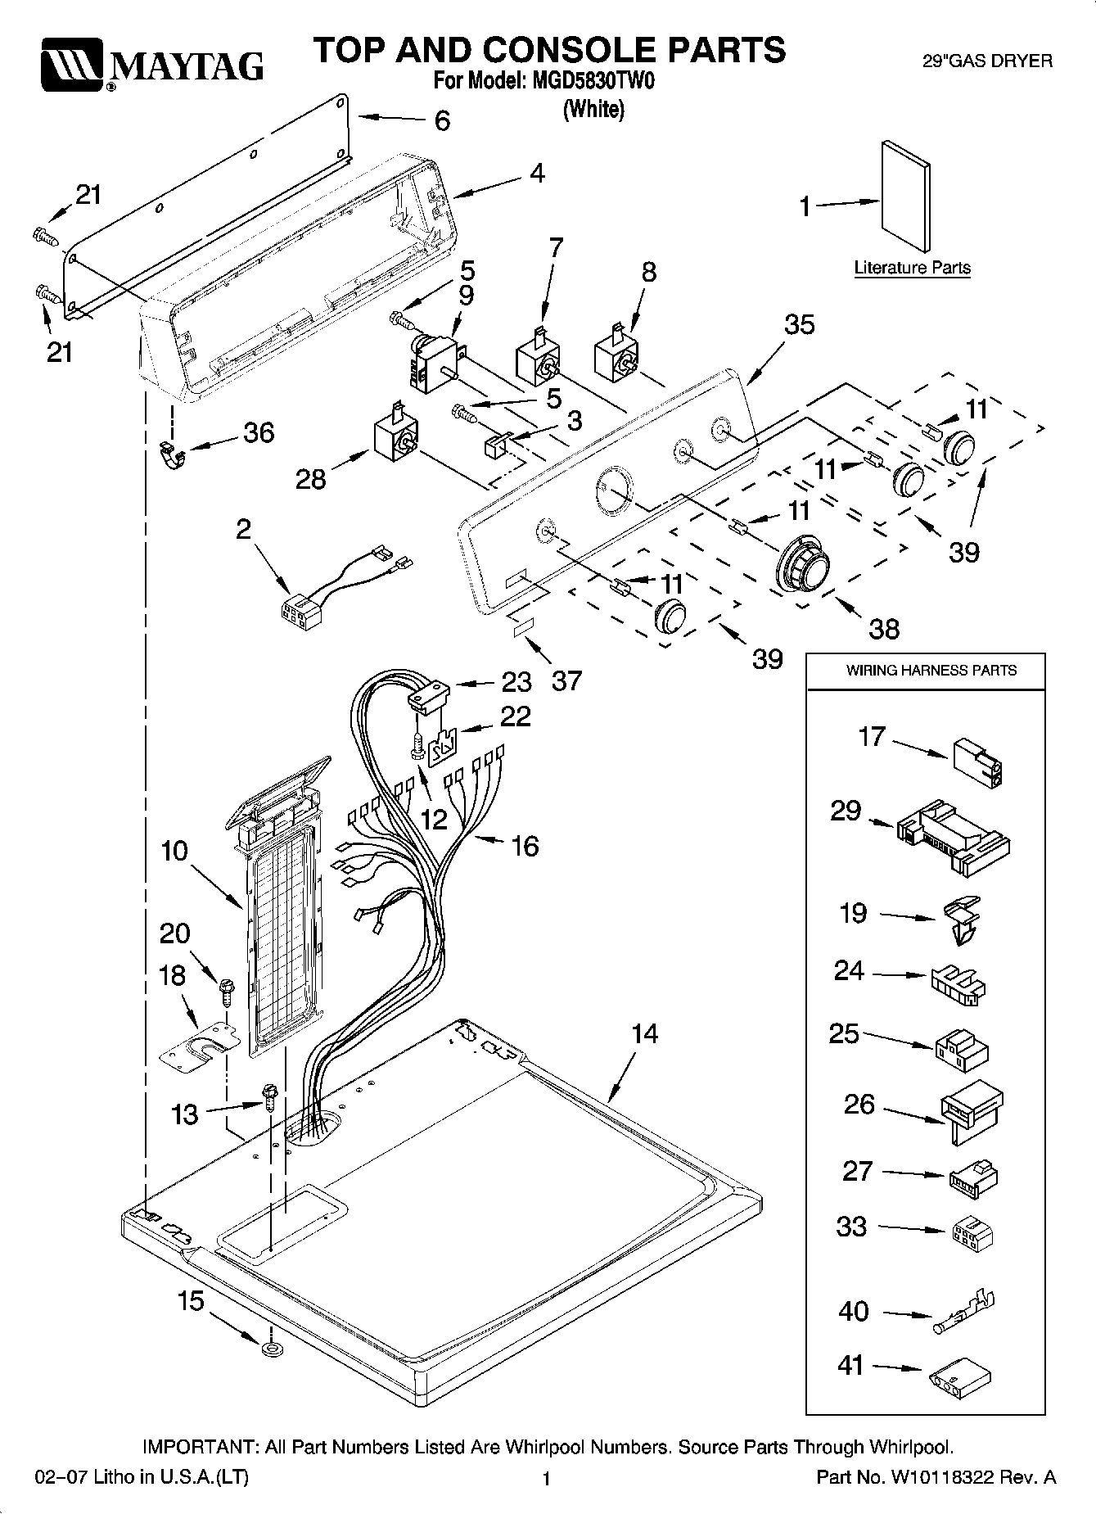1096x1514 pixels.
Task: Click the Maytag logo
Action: (152, 64)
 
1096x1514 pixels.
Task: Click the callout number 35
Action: (799, 324)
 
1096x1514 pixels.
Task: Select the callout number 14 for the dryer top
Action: (645, 1033)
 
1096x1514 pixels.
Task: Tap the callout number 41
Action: (851, 1365)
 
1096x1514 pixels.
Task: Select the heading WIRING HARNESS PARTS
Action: (931, 670)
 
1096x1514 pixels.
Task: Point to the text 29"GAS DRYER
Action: (987, 61)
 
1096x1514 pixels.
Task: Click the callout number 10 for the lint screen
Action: (174, 851)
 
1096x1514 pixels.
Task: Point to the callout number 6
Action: (442, 121)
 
